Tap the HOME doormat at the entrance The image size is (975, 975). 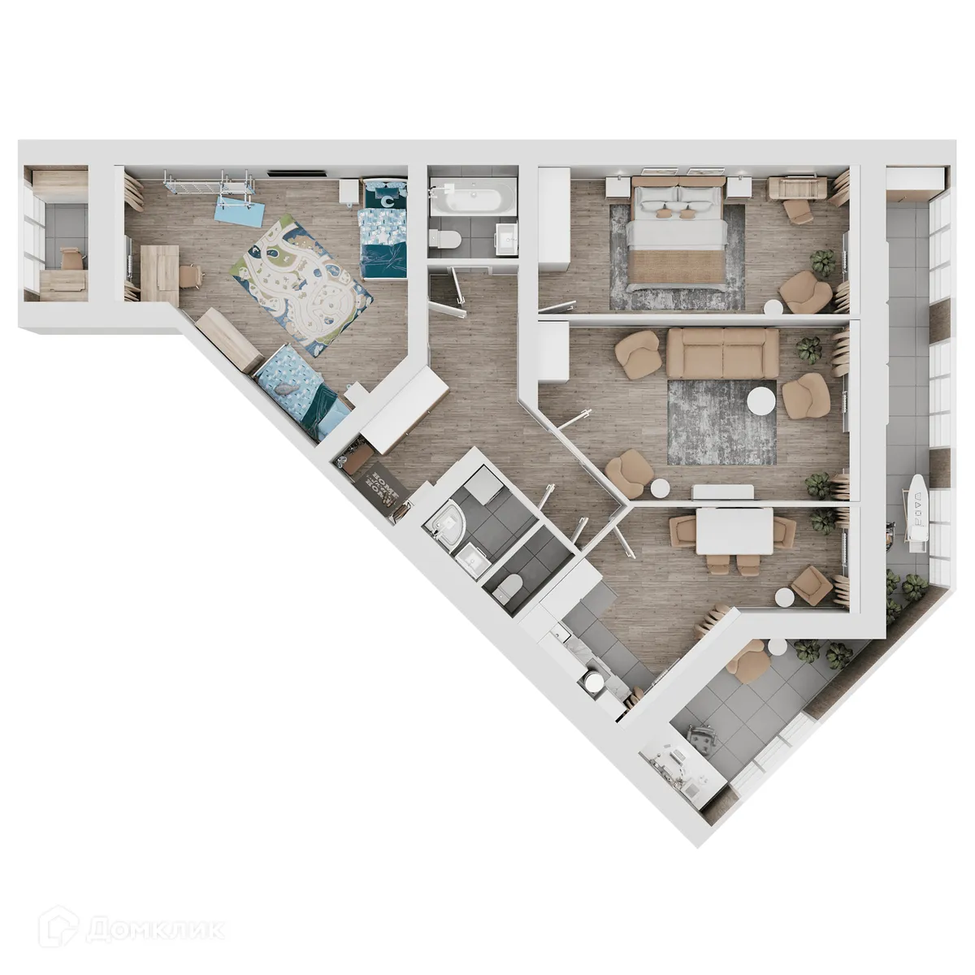click(x=383, y=484)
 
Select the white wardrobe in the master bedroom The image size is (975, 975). click(x=555, y=215)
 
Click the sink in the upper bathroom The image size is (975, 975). click(x=504, y=236)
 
